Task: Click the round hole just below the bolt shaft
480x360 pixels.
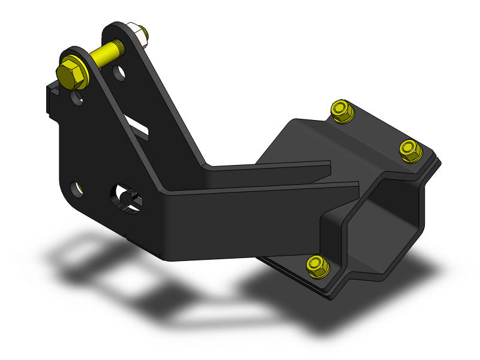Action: click(121, 74)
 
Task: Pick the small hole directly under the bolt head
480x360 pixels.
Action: click(78, 97)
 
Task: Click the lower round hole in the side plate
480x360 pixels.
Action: click(76, 188)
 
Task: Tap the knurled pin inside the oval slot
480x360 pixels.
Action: click(127, 200)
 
